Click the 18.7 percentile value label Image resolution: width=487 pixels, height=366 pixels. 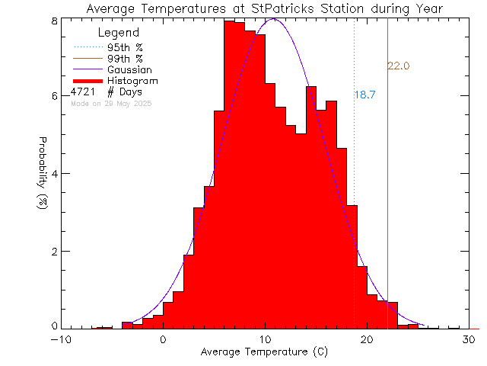click(365, 95)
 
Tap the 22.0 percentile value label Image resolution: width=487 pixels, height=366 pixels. click(399, 67)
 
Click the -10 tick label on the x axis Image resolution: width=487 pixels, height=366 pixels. click(62, 339)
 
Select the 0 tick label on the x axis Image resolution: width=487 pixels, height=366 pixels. click(163, 339)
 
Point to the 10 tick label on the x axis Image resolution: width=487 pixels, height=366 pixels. click(265, 339)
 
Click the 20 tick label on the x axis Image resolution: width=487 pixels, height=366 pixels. click(367, 339)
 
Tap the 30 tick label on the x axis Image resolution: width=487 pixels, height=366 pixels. click(468, 339)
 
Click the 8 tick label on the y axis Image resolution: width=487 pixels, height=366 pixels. click(54, 21)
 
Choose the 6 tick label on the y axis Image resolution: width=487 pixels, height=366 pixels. click(54, 96)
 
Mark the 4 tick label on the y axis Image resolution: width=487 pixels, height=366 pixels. click(54, 174)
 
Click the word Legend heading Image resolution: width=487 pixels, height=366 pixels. click(119, 34)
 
